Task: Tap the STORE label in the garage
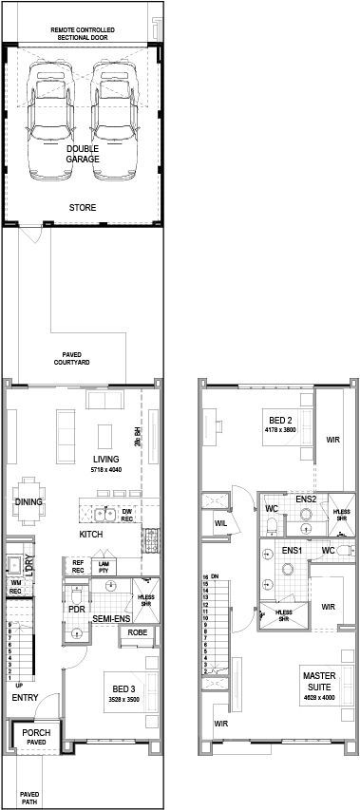point(83,206)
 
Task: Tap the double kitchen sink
point(104,516)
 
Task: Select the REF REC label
point(79,567)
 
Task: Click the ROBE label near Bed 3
point(137,631)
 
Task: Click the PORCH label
point(36,732)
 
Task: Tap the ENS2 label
point(306,499)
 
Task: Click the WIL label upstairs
point(219,522)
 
